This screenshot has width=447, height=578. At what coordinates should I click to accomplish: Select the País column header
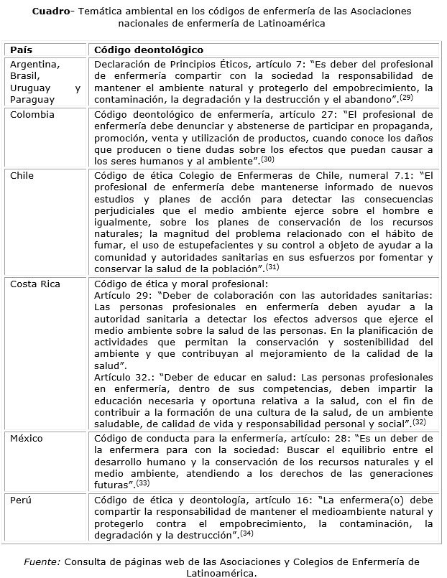click(22, 50)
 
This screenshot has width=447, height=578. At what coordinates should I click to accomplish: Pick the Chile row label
click(22, 175)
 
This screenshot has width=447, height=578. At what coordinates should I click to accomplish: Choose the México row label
click(26, 439)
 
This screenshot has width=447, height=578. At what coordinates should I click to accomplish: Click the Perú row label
click(19, 499)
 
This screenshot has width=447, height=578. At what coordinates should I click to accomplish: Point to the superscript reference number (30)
click(267, 159)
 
